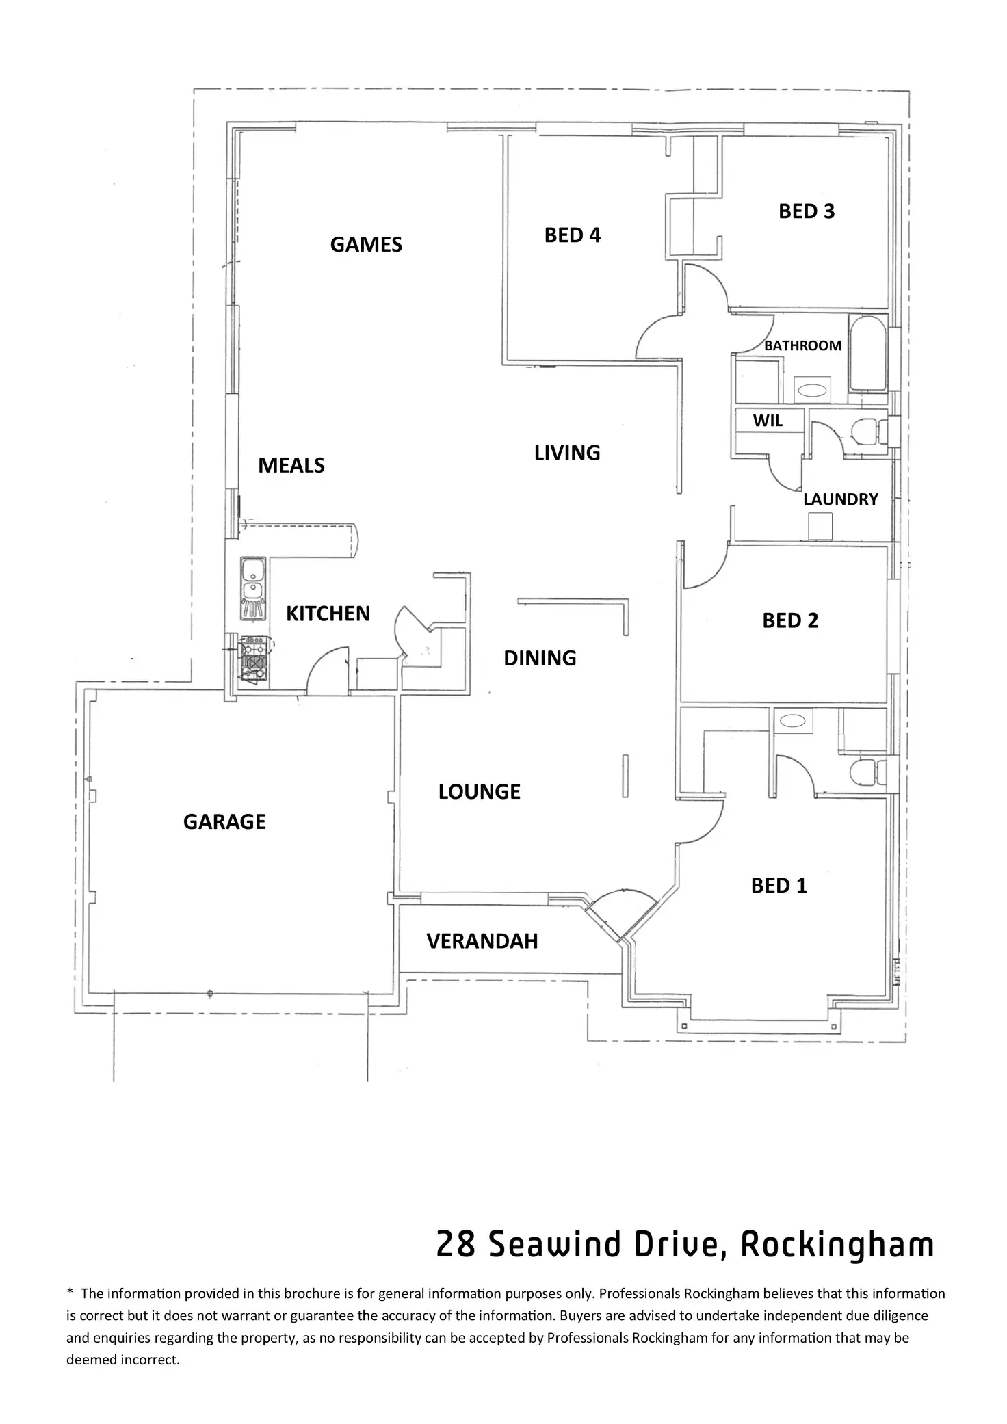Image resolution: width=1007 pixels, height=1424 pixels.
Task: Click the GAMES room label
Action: [x=366, y=245]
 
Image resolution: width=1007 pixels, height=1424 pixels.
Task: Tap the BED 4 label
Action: [x=572, y=235]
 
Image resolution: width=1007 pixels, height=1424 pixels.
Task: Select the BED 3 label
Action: [x=807, y=212]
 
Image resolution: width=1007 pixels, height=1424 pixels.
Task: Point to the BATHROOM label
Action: [x=802, y=346]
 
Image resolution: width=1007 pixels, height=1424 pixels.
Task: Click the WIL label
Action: [x=768, y=421]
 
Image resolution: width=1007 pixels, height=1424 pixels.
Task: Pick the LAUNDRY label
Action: [x=840, y=500]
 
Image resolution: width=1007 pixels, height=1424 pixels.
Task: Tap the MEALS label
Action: [x=291, y=466]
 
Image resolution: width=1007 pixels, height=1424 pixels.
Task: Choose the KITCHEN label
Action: [x=328, y=614]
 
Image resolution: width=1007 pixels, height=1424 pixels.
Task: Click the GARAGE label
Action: [x=224, y=822]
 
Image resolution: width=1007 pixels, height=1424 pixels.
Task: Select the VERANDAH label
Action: [x=482, y=942]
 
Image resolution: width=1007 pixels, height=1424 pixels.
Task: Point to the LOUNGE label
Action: [x=479, y=792]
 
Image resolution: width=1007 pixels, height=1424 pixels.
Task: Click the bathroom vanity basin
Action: [x=813, y=392]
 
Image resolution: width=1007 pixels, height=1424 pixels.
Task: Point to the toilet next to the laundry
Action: [x=865, y=431]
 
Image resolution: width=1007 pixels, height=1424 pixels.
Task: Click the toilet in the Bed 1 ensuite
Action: [x=865, y=773]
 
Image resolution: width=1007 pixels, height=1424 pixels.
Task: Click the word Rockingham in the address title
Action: [x=837, y=1245]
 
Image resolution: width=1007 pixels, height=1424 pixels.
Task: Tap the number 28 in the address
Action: [x=456, y=1245]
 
